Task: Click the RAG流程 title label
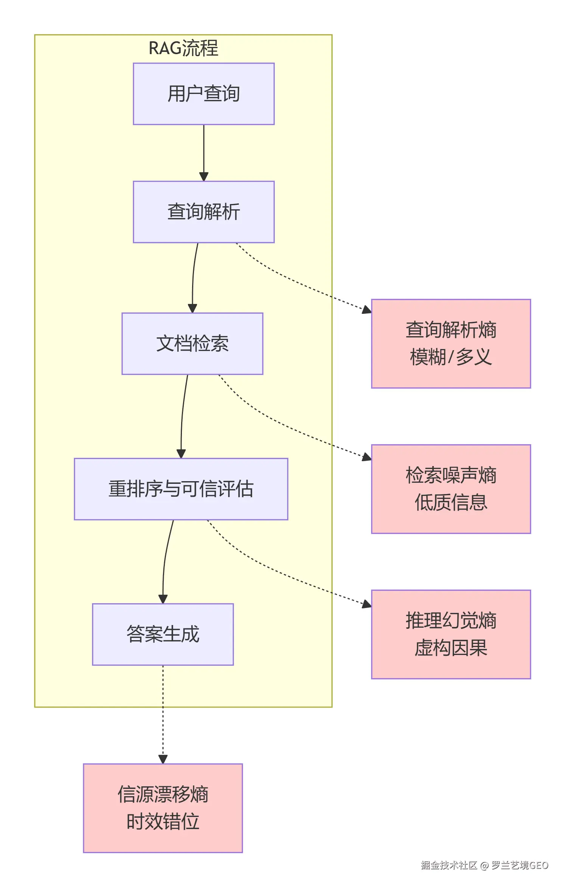[183, 48]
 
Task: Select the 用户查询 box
[203, 94]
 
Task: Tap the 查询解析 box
[203, 212]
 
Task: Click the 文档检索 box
[192, 343]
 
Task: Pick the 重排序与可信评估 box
[181, 489]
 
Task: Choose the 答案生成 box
[163, 634]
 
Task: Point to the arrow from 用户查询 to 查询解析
[203, 151]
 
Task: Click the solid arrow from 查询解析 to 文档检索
[193, 276]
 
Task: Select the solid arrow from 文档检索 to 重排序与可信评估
[182, 416]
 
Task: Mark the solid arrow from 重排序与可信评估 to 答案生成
[165, 560]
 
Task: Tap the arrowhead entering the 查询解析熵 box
[366, 310]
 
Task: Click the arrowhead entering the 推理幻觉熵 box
[366, 604]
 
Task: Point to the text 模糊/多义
[451, 357]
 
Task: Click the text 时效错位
[163, 822]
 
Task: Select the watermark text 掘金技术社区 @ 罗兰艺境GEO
[484, 865]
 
